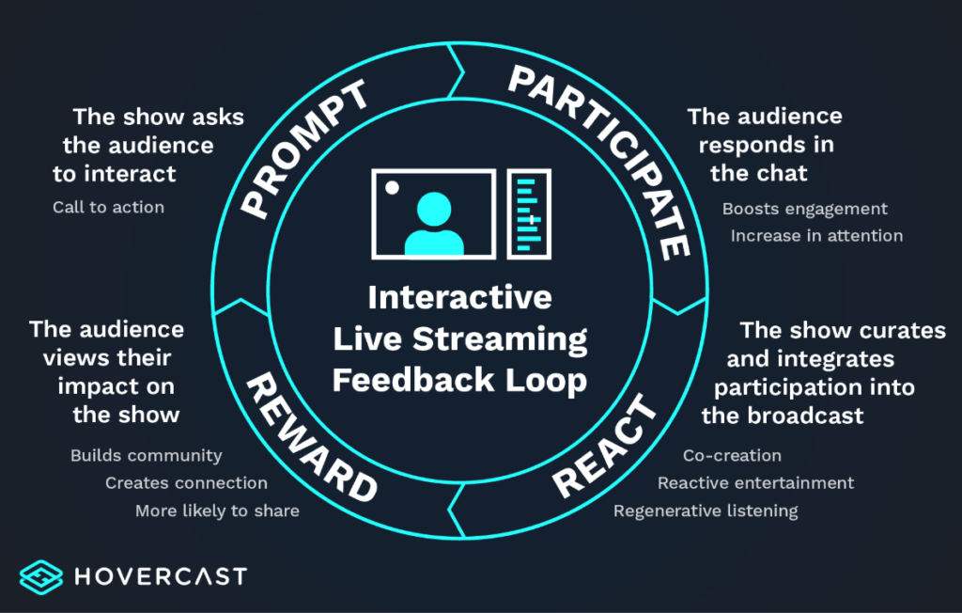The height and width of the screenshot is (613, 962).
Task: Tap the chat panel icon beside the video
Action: pos(529,213)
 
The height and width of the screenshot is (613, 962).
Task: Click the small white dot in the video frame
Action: pos(392,187)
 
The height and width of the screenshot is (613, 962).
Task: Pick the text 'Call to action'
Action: pos(108,207)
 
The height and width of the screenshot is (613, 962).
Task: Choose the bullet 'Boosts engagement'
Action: pos(804,209)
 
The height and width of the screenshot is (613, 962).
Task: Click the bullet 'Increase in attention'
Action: pos(816,236)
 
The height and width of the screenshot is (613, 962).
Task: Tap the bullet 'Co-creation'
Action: pos(732,456)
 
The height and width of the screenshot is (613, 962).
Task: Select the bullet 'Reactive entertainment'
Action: pos(755,483)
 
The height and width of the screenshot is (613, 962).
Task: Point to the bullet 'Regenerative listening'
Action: pos(706,511)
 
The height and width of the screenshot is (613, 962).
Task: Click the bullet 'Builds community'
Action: pos(146,456)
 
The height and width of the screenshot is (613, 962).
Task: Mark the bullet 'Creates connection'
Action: pos(186,483)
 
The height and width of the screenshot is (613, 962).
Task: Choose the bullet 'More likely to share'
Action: pos(217,511)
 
